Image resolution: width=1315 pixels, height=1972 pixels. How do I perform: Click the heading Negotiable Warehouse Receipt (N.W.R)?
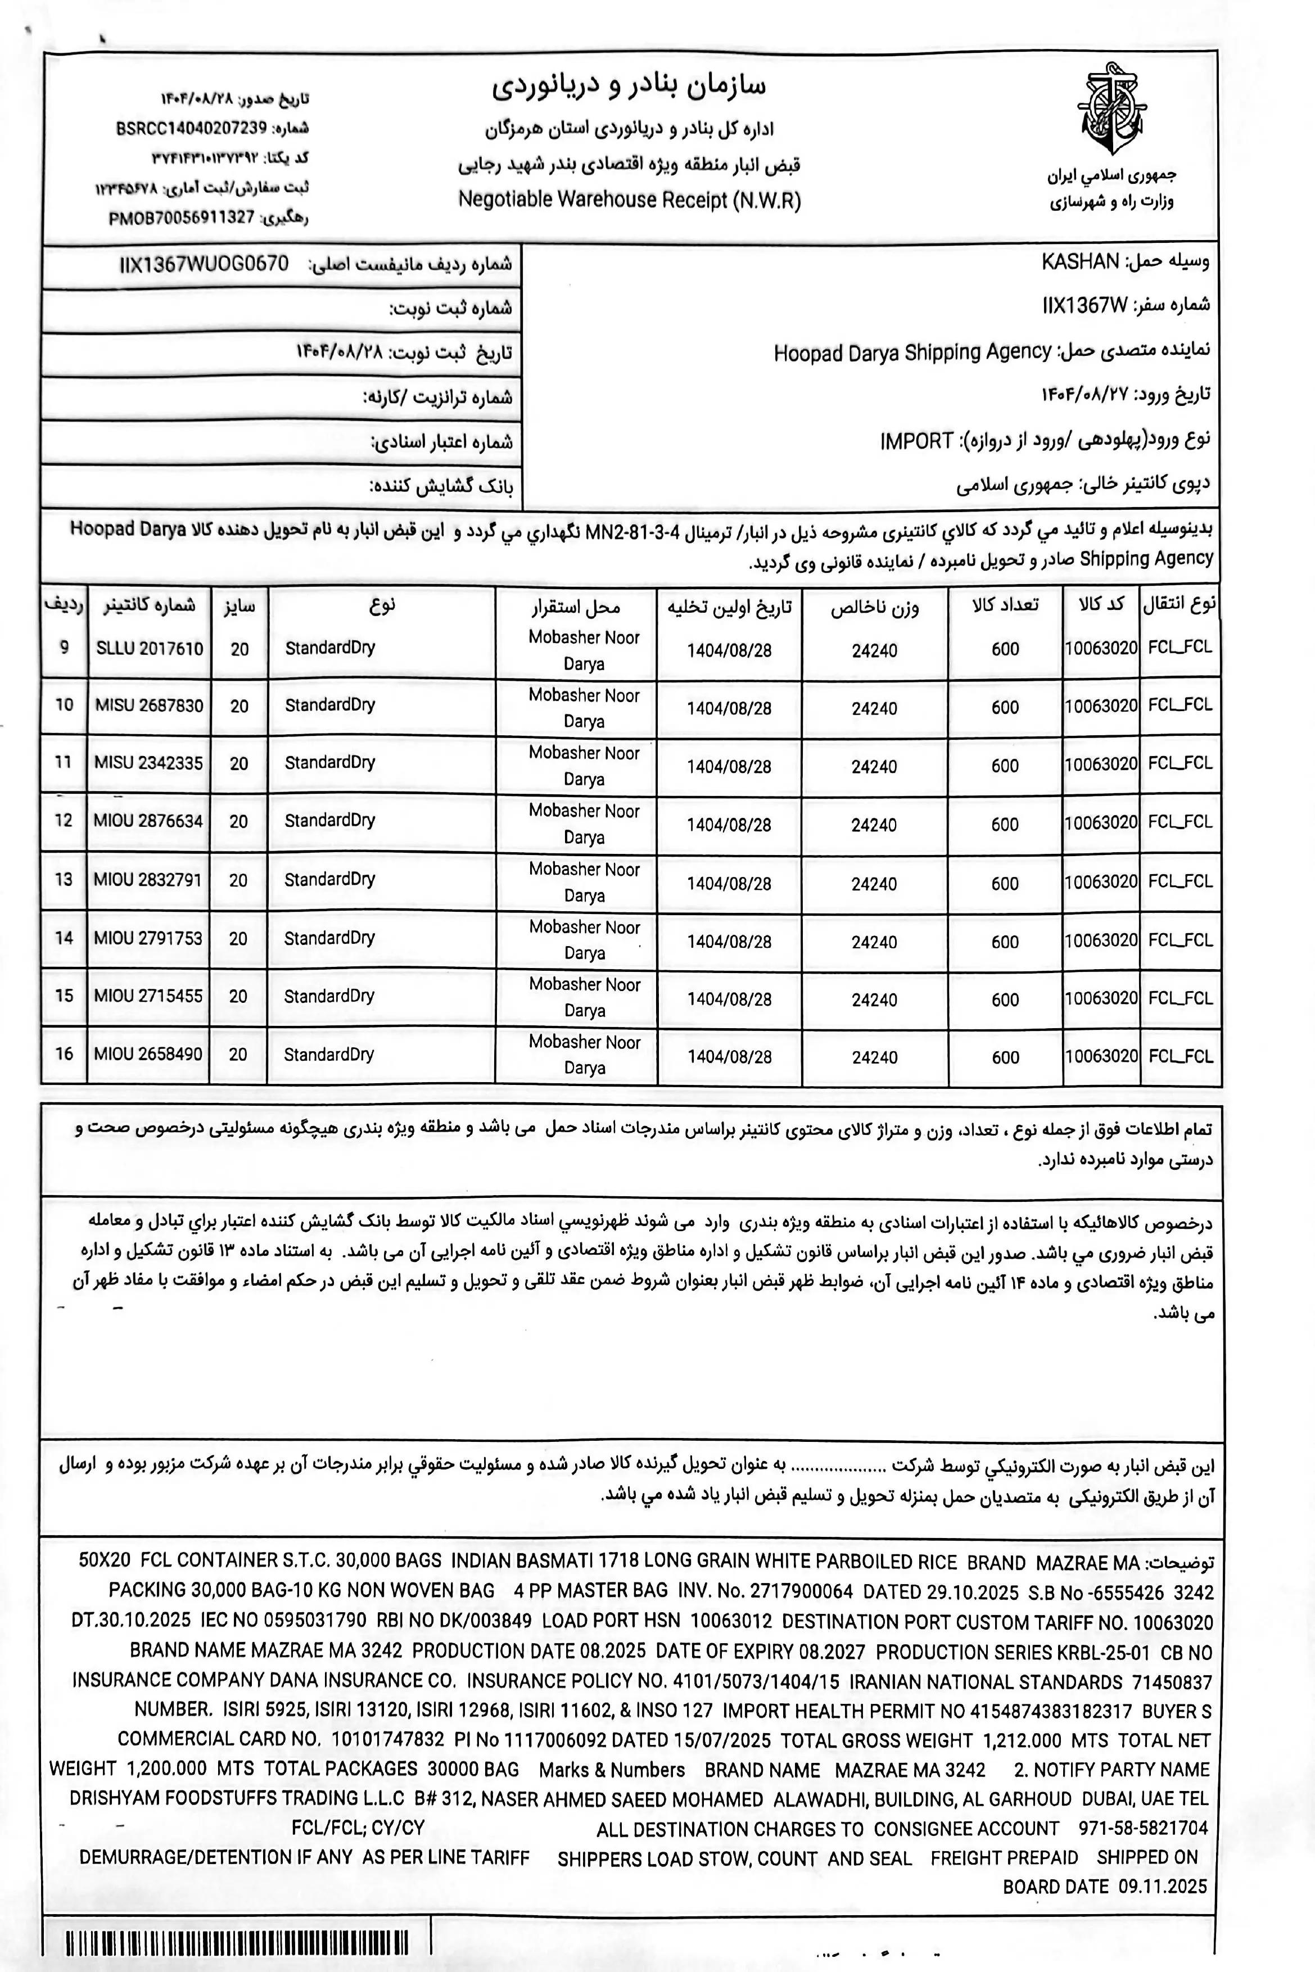[629, 200]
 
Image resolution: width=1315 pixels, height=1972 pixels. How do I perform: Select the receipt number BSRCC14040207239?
[191, 128]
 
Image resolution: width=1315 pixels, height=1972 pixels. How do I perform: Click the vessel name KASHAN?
[1079, 261]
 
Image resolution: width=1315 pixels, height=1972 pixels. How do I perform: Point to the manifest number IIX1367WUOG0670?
[204, 264]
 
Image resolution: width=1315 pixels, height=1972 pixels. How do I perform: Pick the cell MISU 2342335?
[148, 763]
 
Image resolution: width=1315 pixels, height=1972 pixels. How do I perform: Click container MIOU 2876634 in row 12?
[148, 821]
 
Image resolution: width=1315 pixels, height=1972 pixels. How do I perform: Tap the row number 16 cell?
[64, 1054]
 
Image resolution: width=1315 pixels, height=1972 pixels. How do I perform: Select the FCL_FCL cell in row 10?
[1180, 704]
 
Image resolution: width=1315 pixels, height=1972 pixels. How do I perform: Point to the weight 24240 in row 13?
[874, 884]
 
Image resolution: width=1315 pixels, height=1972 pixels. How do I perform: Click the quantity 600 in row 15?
[1005, 999]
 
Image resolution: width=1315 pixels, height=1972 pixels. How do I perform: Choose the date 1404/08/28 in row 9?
[729, 650]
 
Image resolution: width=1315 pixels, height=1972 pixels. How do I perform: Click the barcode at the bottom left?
[237, 1943]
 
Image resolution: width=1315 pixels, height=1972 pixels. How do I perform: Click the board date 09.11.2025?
[1163, 1887]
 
